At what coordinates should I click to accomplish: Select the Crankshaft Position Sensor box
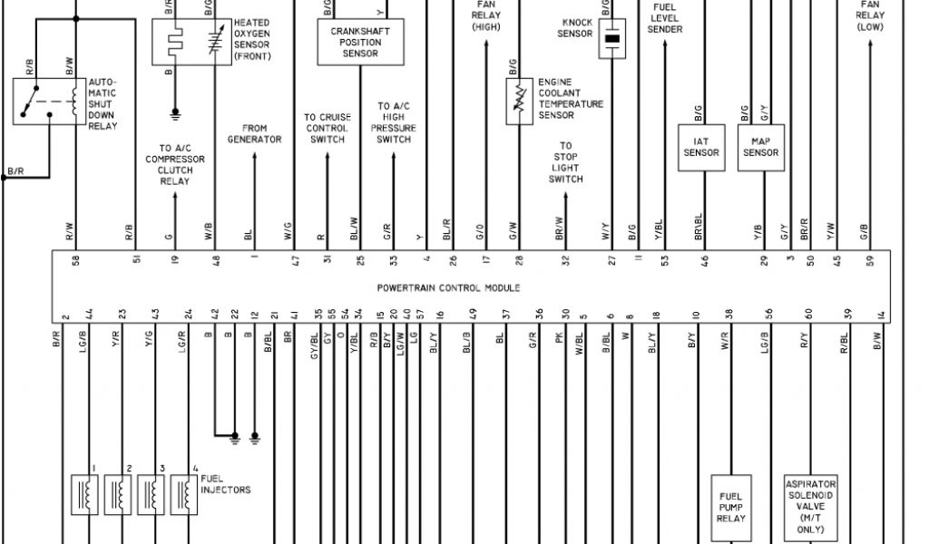(x=360, y=43)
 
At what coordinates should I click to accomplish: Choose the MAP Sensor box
(x=761, y=147)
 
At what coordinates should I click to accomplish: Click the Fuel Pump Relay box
(x=731, y=507)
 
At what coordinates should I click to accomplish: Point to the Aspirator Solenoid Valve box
(x=810, y=507)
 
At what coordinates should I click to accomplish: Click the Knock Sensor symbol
(x=612, y=39)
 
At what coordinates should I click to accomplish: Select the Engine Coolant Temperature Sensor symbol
(x=519, y=101)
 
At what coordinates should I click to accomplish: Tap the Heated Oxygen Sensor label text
(x=250, y=39)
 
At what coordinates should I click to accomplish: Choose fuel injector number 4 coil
(x=183, y=494)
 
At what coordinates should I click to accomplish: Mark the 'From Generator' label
(x=254, y=134)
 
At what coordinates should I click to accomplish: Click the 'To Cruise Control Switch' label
(x=327, y=129)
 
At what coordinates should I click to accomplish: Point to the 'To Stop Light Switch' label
(x=565, y=162)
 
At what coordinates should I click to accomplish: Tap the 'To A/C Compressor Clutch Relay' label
(x=175, y=165)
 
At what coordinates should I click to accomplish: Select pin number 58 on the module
(x=75, y=260)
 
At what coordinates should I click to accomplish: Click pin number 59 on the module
(x=870, y=260)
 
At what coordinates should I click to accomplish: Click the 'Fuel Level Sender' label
(x=665, y=18)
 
